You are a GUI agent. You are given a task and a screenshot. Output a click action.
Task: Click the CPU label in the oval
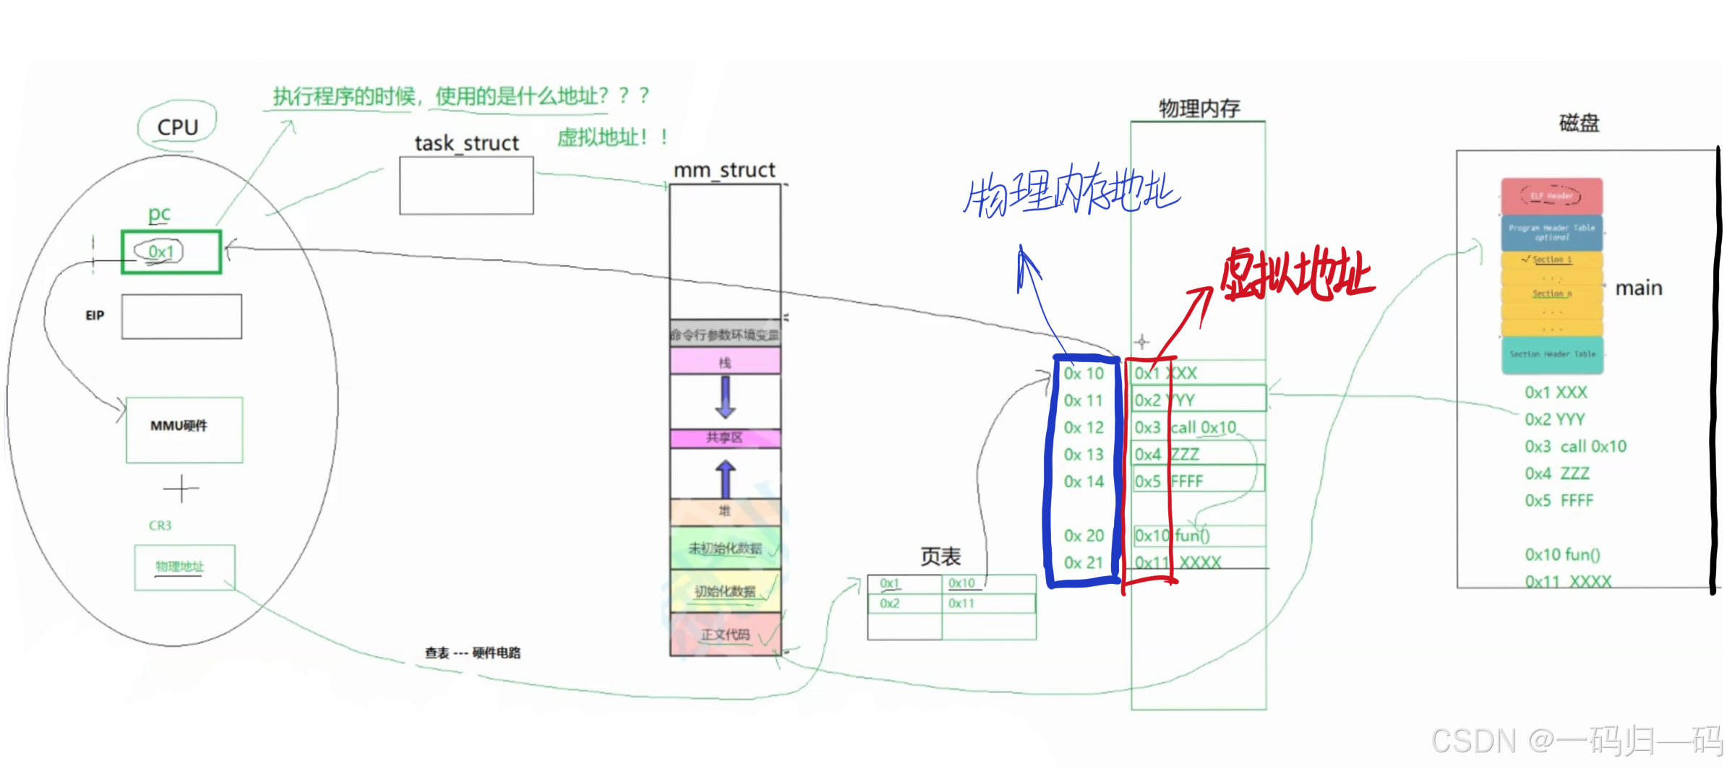click(177, 127)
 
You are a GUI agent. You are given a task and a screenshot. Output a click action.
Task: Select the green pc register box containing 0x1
click(171, 252)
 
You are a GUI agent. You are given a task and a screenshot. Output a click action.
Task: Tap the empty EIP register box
click(181, 317)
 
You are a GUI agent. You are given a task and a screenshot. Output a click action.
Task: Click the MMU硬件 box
click(184, 429)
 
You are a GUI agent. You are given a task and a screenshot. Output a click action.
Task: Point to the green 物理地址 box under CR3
click(184, 567)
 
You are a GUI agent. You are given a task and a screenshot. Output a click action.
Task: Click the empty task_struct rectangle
click(466, 185)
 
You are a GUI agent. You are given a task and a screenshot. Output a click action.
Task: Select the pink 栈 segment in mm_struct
click(725, 361)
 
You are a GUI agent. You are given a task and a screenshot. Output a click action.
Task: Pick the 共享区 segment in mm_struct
click(725, 438)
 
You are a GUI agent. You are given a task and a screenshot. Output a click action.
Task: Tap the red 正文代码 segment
click(725, 635)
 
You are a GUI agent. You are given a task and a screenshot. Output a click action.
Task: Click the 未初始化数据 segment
click(725, 548)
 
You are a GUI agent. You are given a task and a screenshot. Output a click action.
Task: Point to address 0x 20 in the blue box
click(1083, 536)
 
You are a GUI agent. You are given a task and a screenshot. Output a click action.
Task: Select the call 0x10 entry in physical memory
click(1203, 427)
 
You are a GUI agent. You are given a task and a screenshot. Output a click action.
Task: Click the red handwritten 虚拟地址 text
click(1298, 275)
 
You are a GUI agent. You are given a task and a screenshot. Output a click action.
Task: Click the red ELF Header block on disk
click(1551, 196)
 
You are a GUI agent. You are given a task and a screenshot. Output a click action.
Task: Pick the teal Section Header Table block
click(1552, 354)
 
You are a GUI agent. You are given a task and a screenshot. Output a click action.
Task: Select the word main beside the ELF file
click(1639, 288)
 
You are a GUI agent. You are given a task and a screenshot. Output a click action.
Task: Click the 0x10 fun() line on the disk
click(1562, 554)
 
